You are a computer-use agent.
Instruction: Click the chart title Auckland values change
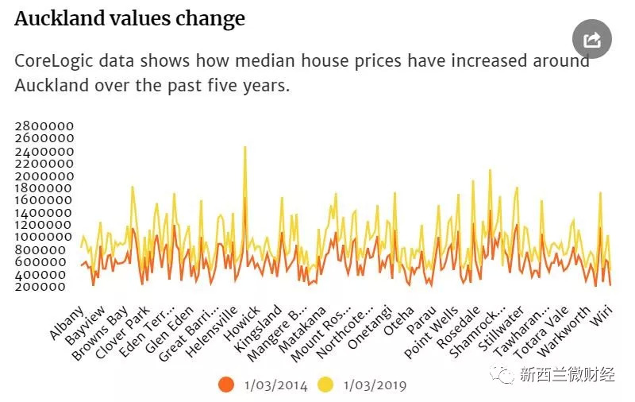pos(129,19)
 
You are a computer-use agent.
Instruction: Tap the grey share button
pos(592,39)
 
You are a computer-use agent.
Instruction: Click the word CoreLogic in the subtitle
pos(52,61)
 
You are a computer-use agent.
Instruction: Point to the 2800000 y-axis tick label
pos(44,126)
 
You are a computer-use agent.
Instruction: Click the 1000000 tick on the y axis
pos(44,237)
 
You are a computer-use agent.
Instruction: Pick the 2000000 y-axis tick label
pos(44,176)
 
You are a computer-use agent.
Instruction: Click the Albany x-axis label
pos(66,323)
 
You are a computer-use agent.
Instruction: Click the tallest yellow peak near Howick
pos(244,148)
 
